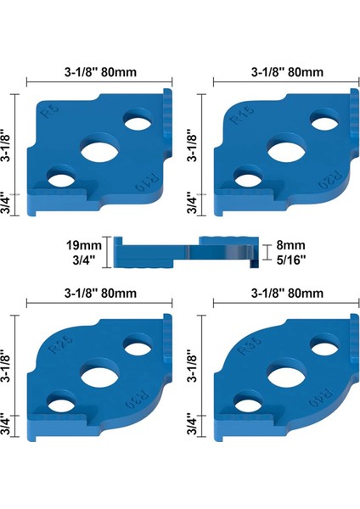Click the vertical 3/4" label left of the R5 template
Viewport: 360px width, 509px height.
click(8, 204)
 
